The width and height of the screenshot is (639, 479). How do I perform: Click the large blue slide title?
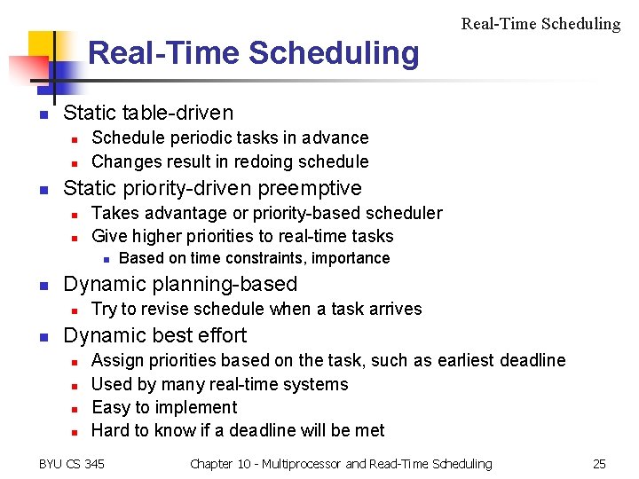coord(253,53)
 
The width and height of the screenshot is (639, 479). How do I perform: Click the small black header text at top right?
coord(540,24)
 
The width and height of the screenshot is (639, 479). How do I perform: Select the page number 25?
coord(599,463)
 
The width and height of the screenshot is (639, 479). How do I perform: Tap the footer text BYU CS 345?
coord(72,463)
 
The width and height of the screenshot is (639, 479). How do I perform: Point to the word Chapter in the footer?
coord(212,463)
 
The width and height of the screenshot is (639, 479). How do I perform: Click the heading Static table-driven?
coord(148,113)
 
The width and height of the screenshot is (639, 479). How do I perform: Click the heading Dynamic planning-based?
coord(180,284)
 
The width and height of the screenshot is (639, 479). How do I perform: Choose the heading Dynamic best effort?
coord(155,335)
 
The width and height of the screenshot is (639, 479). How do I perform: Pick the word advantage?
coord(184,213)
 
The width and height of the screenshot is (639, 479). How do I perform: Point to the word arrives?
coord(396,309)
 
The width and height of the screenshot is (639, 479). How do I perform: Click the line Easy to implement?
coord(164,407)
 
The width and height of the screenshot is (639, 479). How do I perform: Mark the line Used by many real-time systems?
coord(219,384)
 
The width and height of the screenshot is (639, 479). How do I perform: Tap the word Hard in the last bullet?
coord(110,430)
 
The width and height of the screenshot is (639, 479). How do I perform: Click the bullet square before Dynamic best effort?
coord(41,337)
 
